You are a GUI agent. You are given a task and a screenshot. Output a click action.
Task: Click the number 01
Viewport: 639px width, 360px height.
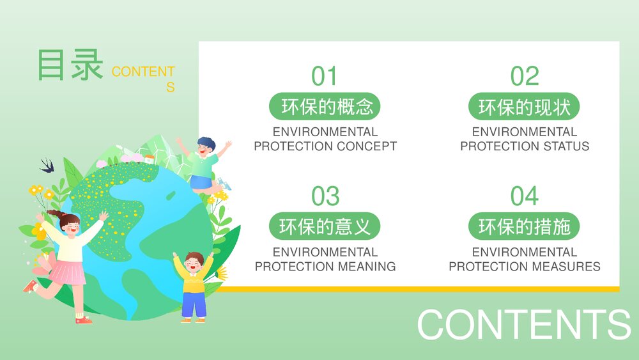click(x=325, y=76)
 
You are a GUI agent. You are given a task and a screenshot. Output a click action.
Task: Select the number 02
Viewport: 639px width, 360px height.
click(x=525, y=76)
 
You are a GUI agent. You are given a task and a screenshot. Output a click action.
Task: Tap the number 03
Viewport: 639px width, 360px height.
click(x=325, y=196)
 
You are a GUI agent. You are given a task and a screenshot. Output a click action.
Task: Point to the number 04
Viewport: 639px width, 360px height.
click(x=525, y=196)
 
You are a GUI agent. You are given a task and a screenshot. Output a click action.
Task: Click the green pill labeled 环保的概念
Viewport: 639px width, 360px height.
click(x=325, y=106)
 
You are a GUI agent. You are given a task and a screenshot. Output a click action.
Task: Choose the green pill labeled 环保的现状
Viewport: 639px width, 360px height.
click(x=524, y=106)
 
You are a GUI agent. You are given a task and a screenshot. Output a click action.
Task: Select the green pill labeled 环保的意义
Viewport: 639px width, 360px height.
click(x=325, y=226)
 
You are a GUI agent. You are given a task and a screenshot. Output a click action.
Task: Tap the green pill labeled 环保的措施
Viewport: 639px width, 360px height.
click(x=524, y=226)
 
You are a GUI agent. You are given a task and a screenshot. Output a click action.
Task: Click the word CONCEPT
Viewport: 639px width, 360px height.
click(x=367, y=146)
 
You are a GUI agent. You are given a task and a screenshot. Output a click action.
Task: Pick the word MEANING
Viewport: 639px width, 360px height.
click(x=367, y=266)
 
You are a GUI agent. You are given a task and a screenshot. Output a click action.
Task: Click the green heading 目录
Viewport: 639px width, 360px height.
click(x=70, y=65)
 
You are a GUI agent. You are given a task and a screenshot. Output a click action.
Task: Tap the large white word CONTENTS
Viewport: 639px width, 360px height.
click(x=524, y=324)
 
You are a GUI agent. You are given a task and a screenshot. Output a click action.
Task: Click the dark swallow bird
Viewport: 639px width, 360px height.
click(x=48, y=165)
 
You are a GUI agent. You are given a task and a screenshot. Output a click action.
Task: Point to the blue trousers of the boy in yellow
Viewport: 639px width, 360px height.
click(x=194, y=304)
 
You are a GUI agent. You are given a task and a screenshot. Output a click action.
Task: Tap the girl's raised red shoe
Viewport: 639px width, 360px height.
click(x=30, y=286)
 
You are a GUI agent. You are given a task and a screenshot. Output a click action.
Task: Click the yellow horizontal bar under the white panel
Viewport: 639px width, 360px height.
click(x=418, y=289)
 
